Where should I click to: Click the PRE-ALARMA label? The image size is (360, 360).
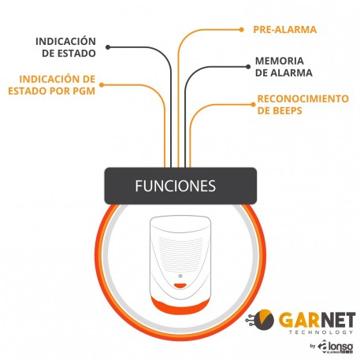[x=285, y=29]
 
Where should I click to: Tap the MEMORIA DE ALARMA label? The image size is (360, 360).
[x=284, y=67]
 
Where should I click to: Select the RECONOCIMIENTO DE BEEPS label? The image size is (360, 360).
[x=303, y=105]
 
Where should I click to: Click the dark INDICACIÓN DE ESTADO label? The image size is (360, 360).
[x=65, y=47]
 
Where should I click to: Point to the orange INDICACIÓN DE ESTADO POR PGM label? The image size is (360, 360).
[x=52, y=85]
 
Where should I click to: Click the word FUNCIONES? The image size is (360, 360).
[x=176, y=186]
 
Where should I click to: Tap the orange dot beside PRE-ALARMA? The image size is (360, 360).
[x=241, y=30]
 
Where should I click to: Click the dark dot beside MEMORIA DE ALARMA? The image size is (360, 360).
[x=248, y=67]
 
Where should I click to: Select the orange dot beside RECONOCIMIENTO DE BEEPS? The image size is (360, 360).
[x=253, y=105]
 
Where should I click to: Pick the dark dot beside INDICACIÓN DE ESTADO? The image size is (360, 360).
[x=108, y=47]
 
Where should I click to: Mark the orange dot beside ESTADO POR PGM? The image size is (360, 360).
[x=102, y=85]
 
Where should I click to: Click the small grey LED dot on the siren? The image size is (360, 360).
[x=180, y=276]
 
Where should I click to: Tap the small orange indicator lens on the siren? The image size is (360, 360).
[x=180, y=285]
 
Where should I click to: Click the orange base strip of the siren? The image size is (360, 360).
[x=180, y=306]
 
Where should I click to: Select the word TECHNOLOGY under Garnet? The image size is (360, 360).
[x=321, y=332]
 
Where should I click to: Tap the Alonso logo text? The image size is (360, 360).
[x=336, y=346]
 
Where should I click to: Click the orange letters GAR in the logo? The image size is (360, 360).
[x=298, y=320]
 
